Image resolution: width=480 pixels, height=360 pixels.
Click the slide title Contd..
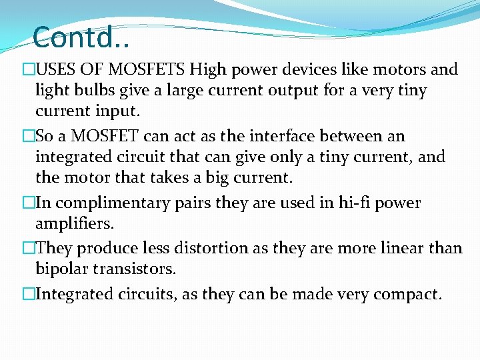tap(80, 37)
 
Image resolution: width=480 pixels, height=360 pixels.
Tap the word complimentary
tap(105, 203)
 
